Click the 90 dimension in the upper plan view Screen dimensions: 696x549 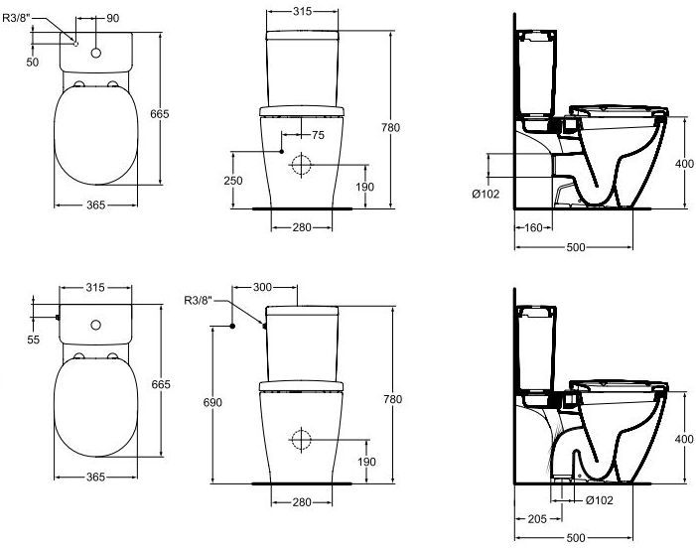click(113, 18)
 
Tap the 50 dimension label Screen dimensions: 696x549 click(33, 63)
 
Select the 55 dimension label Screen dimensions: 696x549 click(34, 340)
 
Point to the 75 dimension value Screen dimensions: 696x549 click(318, 135)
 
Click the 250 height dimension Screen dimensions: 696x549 click(233, 181)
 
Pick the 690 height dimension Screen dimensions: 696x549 click(212, 402)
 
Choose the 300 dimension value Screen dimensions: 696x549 click(262, 287)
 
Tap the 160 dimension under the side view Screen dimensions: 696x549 click(533, 227)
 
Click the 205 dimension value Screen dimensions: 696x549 click(537, 519)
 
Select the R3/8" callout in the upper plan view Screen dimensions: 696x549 click(17, 18)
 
